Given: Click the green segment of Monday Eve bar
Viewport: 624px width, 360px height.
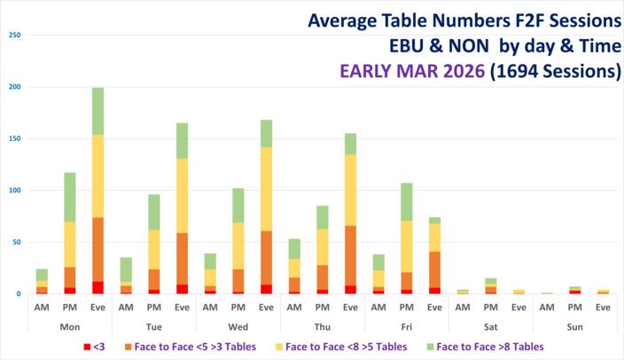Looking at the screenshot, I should (x=97, y=111).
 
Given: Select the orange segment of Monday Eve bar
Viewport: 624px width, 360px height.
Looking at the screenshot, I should (x=97, y=249).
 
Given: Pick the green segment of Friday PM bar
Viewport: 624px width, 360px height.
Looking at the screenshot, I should (x=406, y=201).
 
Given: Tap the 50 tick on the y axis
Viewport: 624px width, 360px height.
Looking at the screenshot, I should (x=16, y=242).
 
